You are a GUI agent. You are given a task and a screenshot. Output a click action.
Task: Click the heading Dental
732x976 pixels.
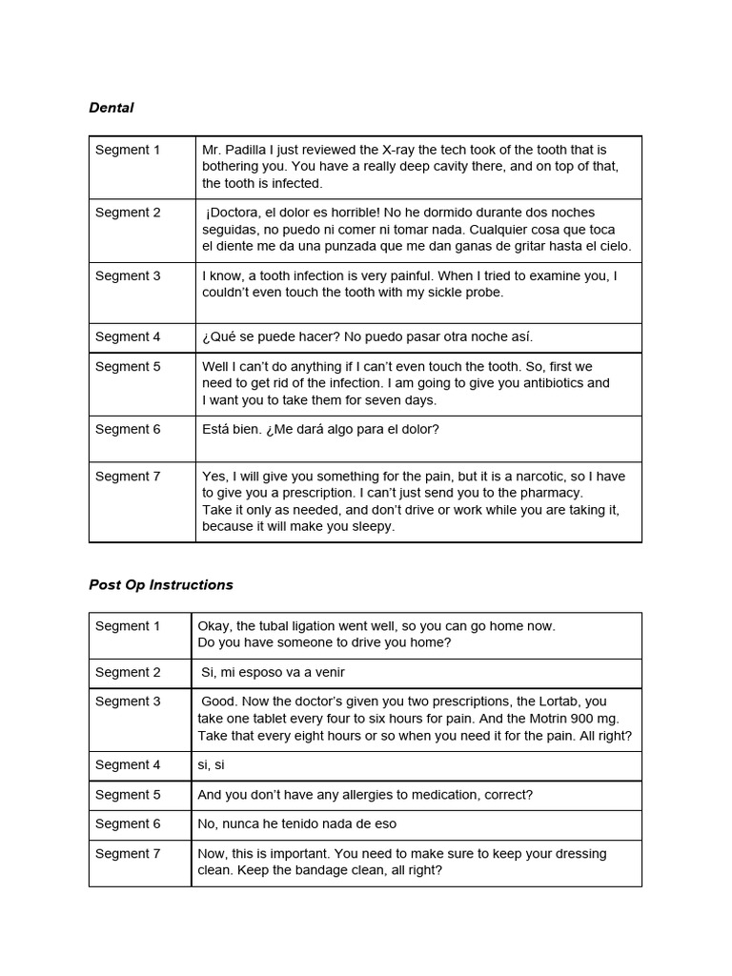pyautogui.click(x=112, y=108)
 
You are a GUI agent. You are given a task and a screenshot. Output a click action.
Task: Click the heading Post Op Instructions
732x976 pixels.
pyautogui.click(x=160, y=584)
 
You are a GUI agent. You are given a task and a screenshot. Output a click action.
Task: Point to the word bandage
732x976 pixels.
pyautogui.click(x=300, y=870)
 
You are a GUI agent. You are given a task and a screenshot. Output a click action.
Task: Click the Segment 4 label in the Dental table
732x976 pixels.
pyautogui.click(x=128, y=336)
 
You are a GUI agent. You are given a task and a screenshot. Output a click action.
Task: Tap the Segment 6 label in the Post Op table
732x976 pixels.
pyautogui.click(x=128, y=823)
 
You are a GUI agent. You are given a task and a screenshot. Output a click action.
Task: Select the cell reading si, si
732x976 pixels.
pyautogui.click(x=211, y=765)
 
